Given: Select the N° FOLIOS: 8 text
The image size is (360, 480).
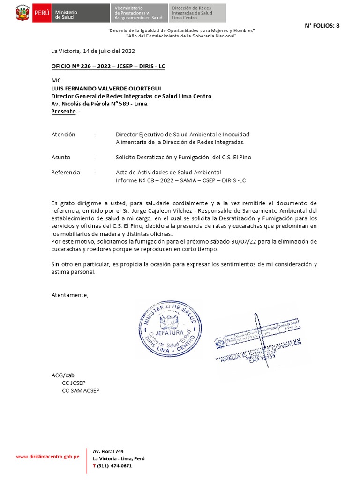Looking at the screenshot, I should [322, 26].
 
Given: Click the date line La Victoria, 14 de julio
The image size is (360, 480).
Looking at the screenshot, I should [93, 51].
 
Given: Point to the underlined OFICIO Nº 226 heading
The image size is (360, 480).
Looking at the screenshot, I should [108, 67].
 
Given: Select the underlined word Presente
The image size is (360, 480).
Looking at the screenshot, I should [63, 112].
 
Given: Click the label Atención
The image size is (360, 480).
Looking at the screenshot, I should [63, 135].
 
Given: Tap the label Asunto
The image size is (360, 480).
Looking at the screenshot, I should [61, 157].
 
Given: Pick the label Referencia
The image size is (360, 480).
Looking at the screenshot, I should [66, 172].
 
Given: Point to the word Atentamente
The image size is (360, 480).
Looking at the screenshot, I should [69, 295].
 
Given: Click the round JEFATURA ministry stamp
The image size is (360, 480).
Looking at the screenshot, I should [170, 329].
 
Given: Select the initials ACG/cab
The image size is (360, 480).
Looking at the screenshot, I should [63, 375].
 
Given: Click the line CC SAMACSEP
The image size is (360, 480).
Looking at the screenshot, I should [81, 390].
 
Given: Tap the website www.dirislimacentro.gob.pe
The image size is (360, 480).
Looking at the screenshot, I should [47, 456].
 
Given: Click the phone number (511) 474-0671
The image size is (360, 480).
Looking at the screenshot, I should [114, 466].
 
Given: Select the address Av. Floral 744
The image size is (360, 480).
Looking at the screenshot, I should [108, 451].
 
